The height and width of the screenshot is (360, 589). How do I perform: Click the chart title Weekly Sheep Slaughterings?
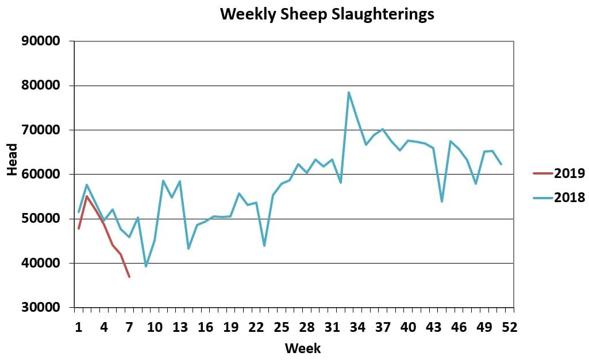coord(327,14)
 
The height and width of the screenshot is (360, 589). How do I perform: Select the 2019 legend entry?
coord(569,173)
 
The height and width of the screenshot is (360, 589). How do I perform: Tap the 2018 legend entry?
coord(569,198)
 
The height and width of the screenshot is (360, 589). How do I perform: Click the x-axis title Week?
coord(303,348)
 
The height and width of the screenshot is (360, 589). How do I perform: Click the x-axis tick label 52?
coord(510,327)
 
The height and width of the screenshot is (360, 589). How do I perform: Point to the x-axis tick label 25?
coord(281,327)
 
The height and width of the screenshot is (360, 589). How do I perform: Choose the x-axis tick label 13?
coord(180,327)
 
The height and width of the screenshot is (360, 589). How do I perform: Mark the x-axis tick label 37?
coord(383,327)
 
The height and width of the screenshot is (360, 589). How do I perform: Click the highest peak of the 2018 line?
coord(349,92)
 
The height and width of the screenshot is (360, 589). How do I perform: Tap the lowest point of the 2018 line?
coord(146,266)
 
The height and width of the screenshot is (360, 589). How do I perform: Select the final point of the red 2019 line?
coord(129,277)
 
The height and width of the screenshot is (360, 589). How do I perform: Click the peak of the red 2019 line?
coord(87,196)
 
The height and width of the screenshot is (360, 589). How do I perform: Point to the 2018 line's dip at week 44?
coord(442,202)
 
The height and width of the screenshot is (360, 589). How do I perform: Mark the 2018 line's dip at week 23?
coord(264,246)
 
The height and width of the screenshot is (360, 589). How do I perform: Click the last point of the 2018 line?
coord(501,164)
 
